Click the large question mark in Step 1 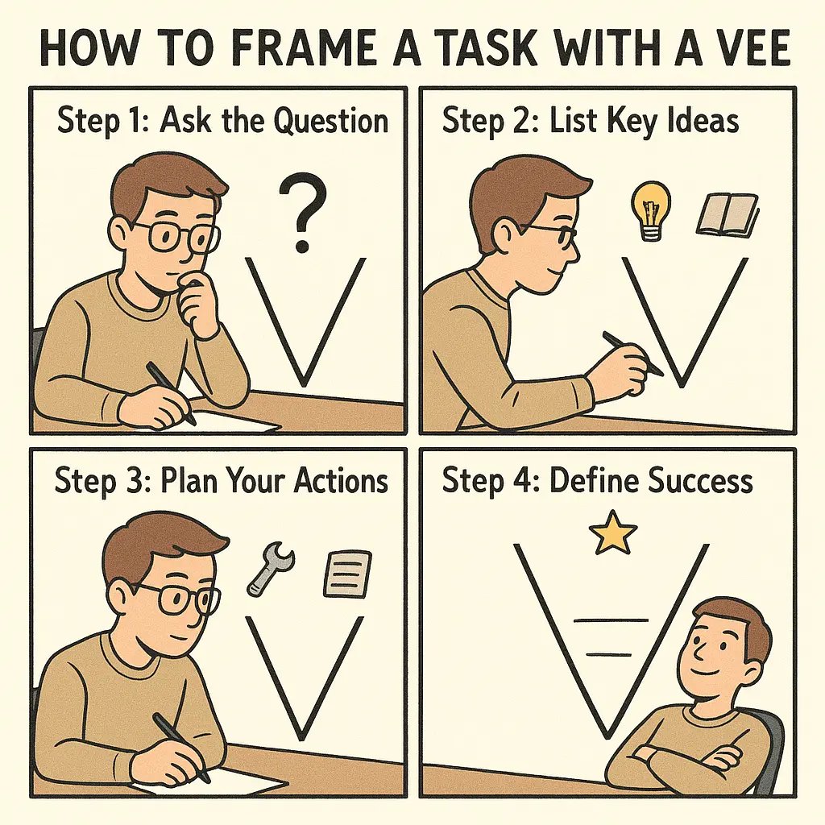click(303, 214)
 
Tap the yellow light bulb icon click(650, 209)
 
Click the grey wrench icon click(270, 568)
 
